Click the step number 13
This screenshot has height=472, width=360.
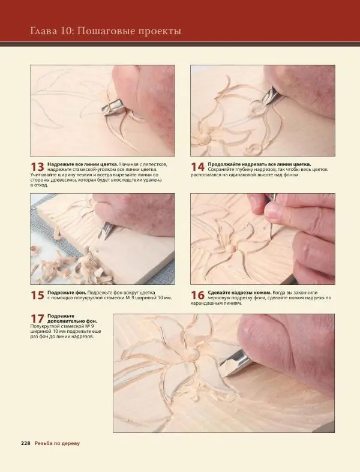coord(37,167)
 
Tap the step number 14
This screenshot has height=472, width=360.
coord(197,167)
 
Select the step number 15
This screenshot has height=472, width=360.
coord(37,295)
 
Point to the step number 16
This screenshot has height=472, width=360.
coord(197,295)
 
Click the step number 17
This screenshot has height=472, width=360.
coord(37,319)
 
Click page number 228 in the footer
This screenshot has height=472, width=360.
coord(26,443)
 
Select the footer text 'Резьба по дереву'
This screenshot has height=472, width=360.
coord(57,443)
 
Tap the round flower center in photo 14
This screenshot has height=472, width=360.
coord(205,138)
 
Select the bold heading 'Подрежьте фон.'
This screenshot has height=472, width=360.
coord(67,293)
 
